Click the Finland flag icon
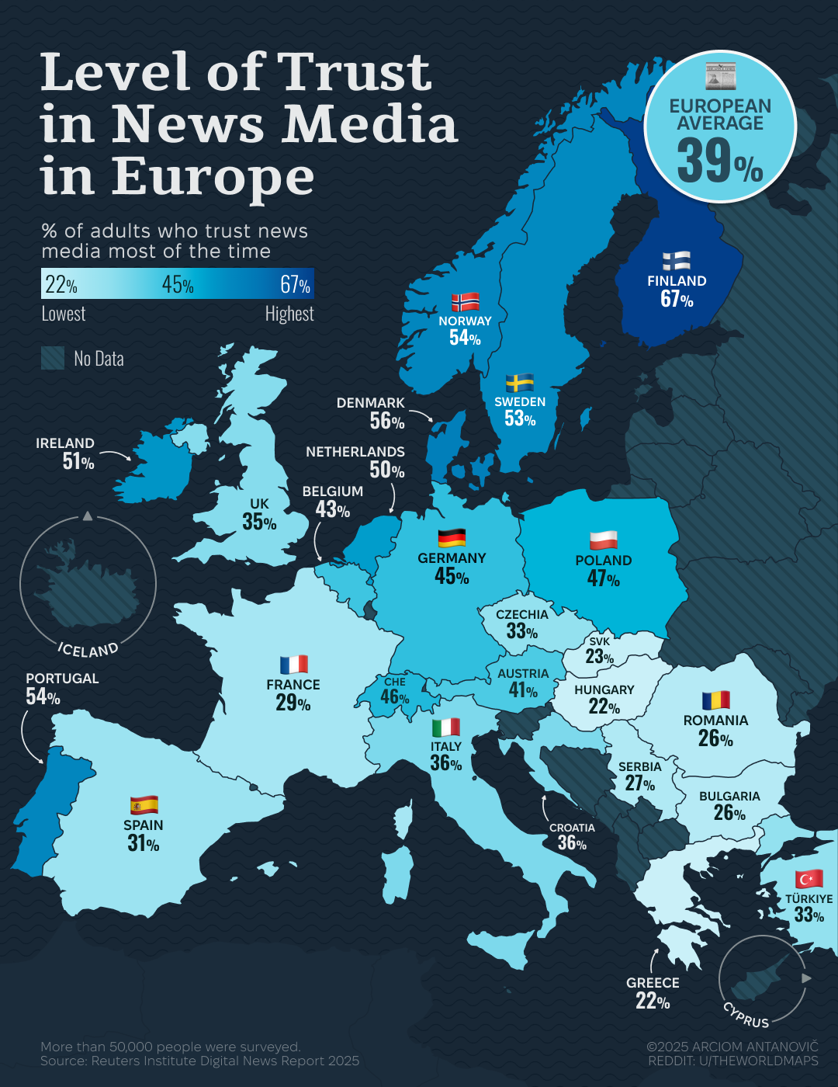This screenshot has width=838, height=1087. [x=677, y=261]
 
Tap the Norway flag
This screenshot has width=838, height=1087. [x=465, y=301]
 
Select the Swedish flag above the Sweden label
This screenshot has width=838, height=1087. [x=520, y=382]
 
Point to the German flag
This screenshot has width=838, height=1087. [x=452, y=537]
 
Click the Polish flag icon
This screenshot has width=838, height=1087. [x=603, y=540]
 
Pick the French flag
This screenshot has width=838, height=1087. [x=293, y=665]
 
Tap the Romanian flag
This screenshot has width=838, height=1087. [x=715, y=700]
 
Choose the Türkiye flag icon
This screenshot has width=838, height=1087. [x=809, y=879]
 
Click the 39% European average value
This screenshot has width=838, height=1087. [x=719, y=161]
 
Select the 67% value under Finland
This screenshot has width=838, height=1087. [x=677, y=299]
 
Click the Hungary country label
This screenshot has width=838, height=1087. [x=604, y=689]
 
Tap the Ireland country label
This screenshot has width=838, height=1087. [x=65, y=443]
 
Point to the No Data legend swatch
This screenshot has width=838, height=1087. [x=53, y=358]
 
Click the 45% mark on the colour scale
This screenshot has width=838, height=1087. [x=178, y=285]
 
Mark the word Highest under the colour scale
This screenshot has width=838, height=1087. [x=289, y=314]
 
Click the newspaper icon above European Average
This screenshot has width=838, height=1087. [x=720, y=76]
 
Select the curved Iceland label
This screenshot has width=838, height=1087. [x=88, y=649]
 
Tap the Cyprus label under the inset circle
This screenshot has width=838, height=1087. [x=746, y=1016]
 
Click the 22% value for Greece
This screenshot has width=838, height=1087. [x=653, y=1002]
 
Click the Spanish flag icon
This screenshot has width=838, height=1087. [x=144, y=804]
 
